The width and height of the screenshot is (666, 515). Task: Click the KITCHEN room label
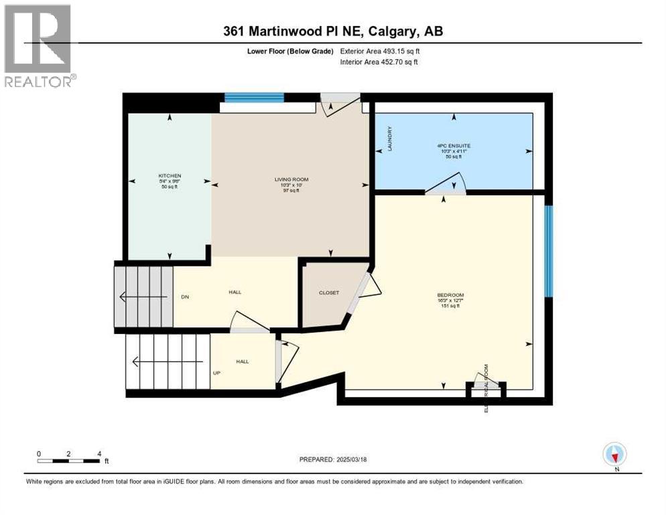point(169,176)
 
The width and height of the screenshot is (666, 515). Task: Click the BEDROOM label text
point(450,295)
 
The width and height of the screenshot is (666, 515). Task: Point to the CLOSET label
point(328,293)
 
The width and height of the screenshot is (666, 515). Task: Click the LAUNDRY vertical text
point(389,139)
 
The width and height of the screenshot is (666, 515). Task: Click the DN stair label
point(184,296)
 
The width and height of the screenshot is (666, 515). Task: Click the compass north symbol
point(614,455)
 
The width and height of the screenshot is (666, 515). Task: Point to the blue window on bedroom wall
point(548,251)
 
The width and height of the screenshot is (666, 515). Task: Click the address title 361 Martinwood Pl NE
point(332,31)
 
